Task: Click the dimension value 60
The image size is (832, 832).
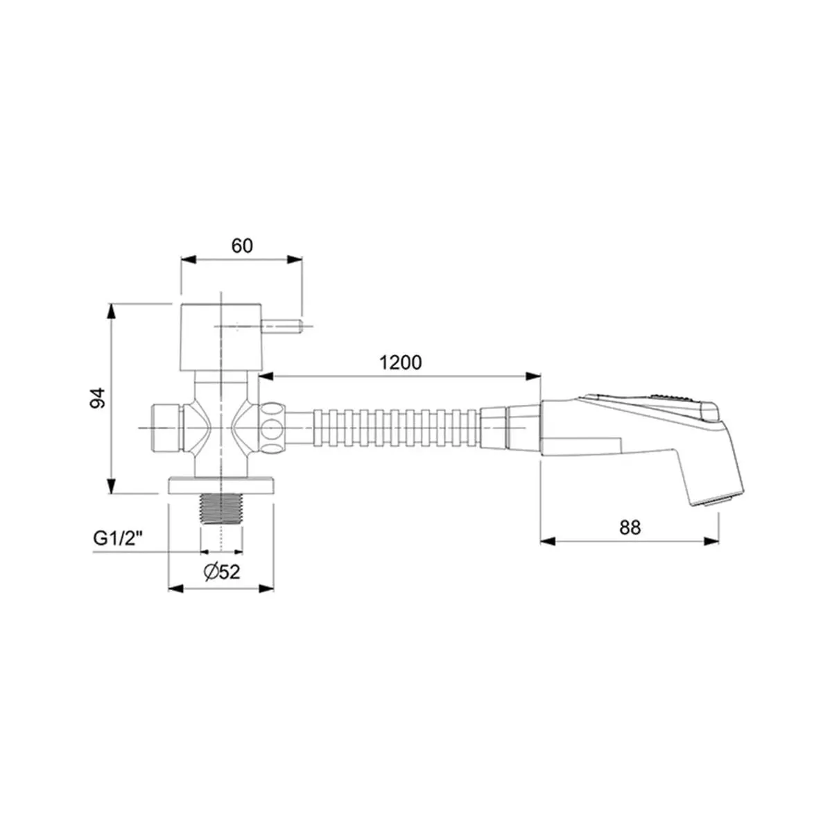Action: (x=242, y=245)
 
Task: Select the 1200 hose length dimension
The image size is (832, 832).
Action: (x=400, y=363)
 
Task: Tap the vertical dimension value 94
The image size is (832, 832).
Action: (x=98, y=398)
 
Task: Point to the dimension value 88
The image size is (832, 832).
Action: (x=630, y=527)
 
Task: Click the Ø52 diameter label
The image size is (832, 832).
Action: (x=222, y=572)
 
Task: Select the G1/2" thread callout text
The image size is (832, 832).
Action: (x=119, y=539)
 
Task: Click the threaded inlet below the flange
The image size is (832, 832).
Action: (x=221, y=509)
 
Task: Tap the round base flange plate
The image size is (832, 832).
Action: (x=221, y=485)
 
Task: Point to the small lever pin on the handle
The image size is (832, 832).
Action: (x=281, y=326)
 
